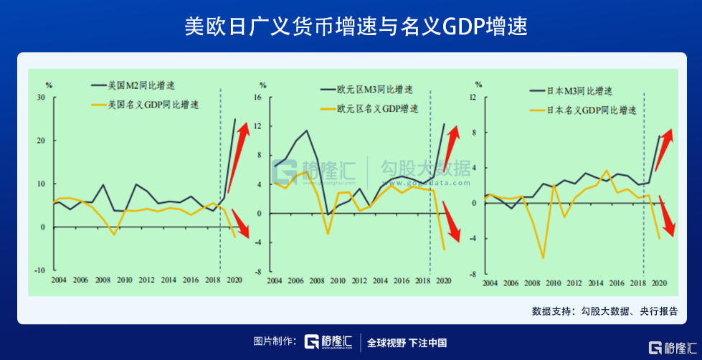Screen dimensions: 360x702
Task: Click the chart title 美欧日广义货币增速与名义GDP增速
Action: (x=351, y=28)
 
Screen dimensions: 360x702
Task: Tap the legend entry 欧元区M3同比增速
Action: (x=374, y=90)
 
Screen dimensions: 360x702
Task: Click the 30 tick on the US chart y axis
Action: (x=41, y=98)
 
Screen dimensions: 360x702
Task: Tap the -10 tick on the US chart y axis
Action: (x=39, y=270)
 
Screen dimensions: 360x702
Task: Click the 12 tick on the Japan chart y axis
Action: (x=473, y=98)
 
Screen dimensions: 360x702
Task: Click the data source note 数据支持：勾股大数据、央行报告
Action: (x=604, y=311)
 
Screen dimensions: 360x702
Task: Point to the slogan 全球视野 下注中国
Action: (x=407, y=342)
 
